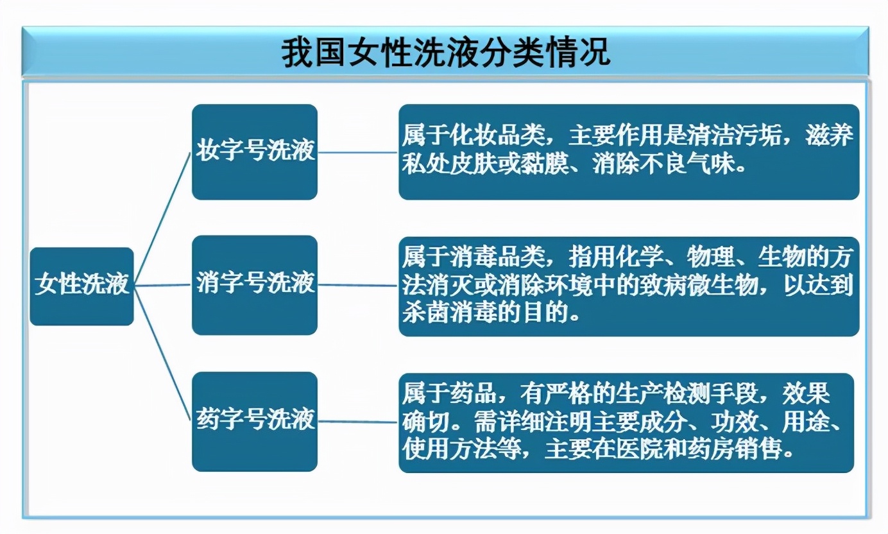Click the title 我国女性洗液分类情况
coord(445,52)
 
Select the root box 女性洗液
coord(81,285)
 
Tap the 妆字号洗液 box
coord(255,151)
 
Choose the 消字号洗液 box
coord(255,284)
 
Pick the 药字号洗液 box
coord(255,421)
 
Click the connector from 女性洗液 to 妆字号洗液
coord(163,218)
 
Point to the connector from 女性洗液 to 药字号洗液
coord(163,353)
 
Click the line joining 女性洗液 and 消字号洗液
coord(163,285)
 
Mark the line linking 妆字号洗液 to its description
coord(358,153)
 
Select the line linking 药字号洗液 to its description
coord(358,422)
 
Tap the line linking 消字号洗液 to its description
coord(358,285)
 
